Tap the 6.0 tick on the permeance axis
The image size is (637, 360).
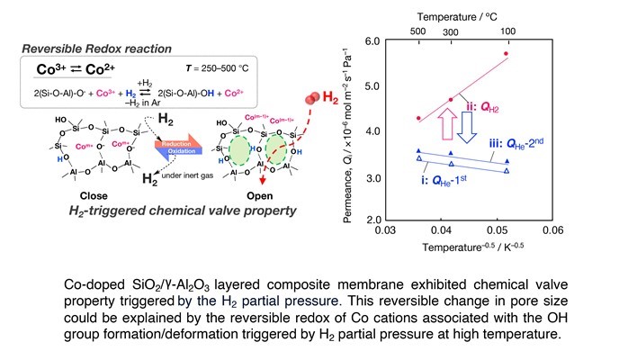(x=370, y=41)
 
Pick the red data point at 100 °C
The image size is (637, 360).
(x=507, y=54)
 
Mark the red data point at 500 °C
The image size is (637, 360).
(x=417, y=118)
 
